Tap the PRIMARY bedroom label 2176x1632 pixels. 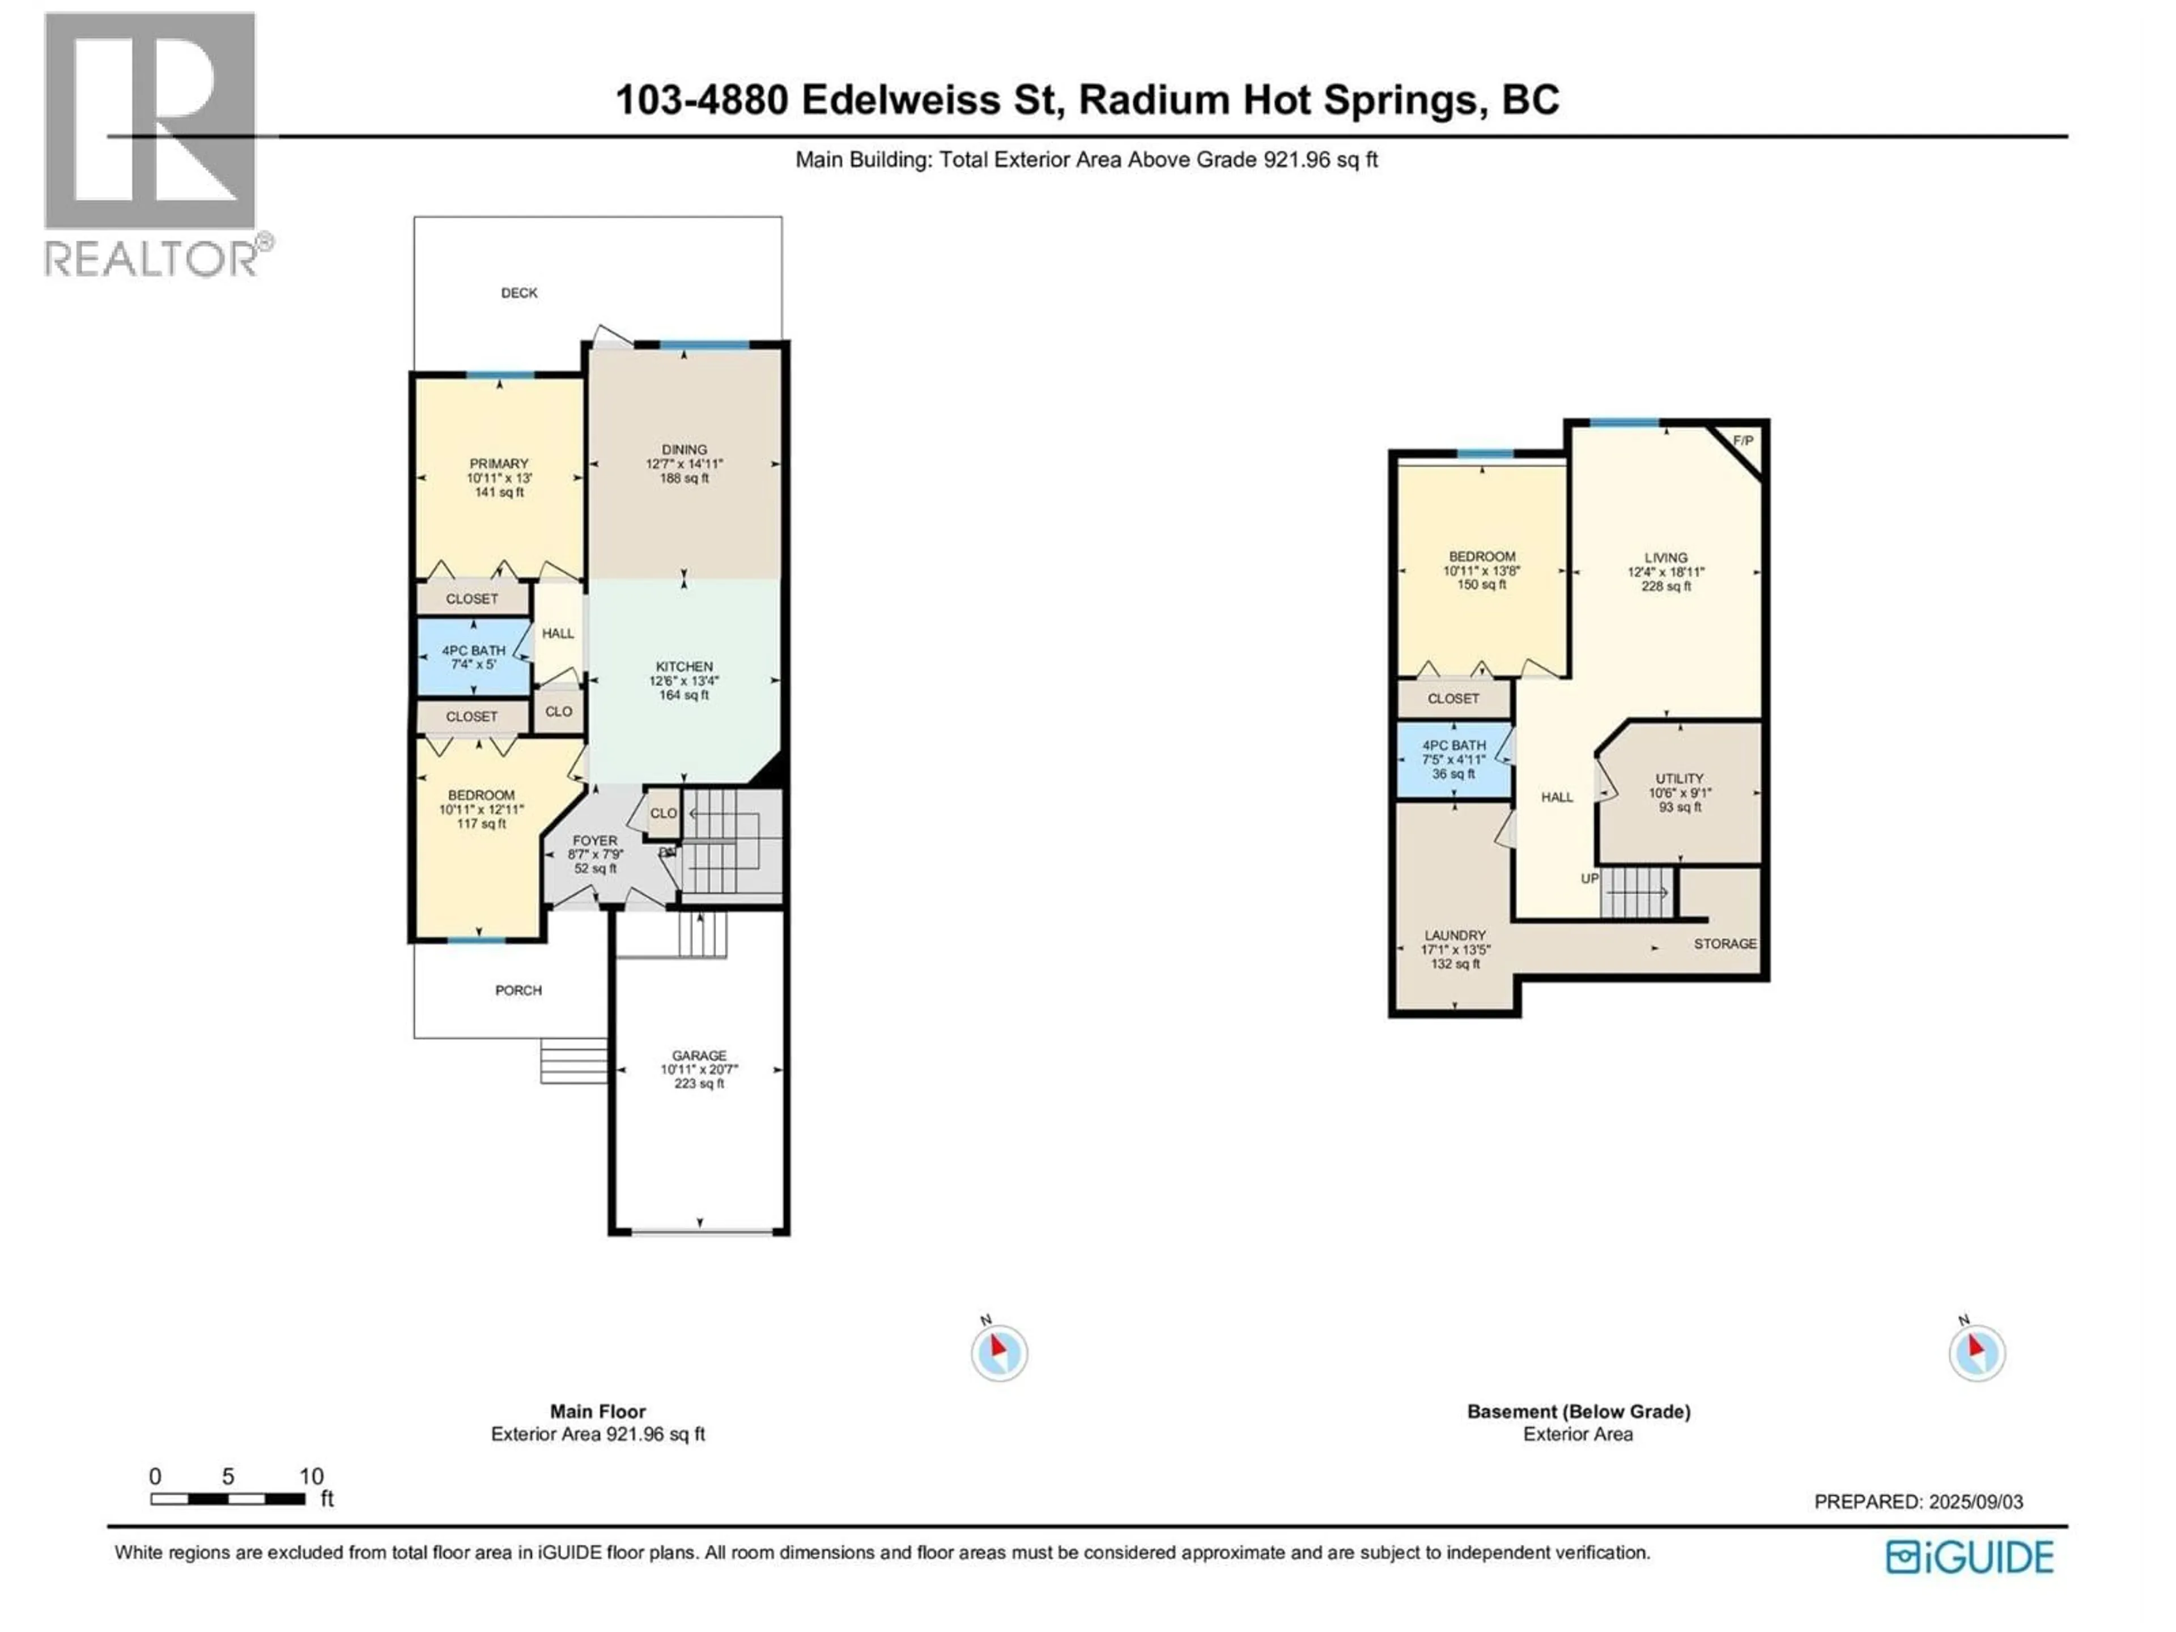(x=499, y=464)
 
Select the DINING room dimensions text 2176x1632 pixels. (x=684, y=464)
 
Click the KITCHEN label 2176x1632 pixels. (x=684, y=666)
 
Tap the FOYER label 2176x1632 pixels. (x=594, y=840)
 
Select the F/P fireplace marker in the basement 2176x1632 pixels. (x=1742, y=441)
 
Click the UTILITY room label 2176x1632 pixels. (x=1678, y=778)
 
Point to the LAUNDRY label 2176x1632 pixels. (x=1455, y=936)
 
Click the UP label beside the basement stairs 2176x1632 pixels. (x=1589, y=878)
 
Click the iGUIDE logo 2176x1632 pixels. (x=1969, y=1557)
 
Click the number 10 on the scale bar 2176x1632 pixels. (x=311, y=1477)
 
